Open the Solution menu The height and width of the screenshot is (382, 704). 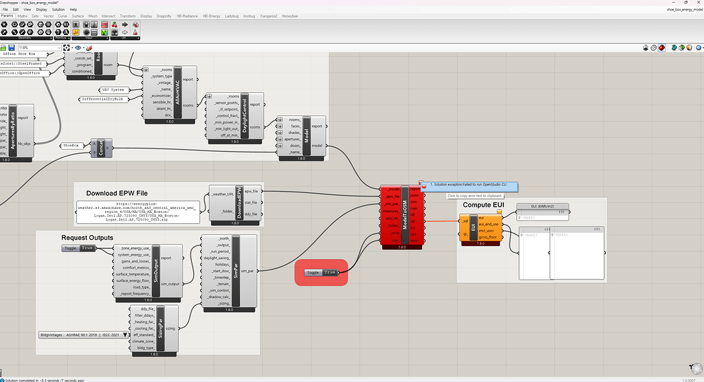[x=58, y=9]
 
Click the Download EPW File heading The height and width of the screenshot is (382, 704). [x=117, y=193]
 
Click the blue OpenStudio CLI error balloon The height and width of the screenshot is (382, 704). [x=467, y=185]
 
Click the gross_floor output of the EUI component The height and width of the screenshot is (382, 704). [x=489, y=236]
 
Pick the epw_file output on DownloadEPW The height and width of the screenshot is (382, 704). [x=252, y=191]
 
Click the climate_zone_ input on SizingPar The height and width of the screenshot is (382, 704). [x=142, y=341]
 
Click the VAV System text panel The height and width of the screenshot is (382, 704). [x=113, y=90]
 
